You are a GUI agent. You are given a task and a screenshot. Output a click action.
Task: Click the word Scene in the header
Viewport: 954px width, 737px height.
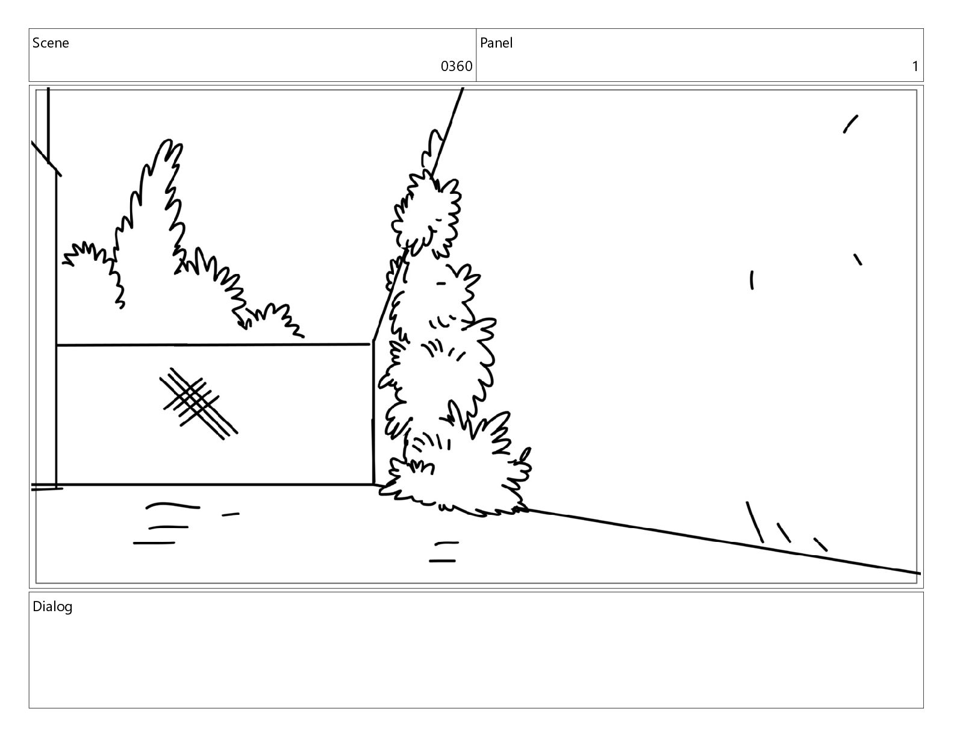[x=51, y=43]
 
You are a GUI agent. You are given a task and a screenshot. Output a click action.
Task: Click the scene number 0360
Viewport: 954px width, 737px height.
[x=456, y=66]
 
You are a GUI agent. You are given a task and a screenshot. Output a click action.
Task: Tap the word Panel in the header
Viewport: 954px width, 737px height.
[x=496, y=43]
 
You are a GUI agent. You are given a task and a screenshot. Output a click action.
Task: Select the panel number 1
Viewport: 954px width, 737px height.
[x=915, y=66]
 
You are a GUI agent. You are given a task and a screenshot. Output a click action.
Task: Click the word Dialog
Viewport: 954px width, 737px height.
[x=52, y=607]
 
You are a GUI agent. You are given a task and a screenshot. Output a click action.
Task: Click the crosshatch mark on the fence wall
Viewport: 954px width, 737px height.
[x=199, y=403]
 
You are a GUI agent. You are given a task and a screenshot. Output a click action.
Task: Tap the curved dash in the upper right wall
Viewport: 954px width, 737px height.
[x=850, y=124]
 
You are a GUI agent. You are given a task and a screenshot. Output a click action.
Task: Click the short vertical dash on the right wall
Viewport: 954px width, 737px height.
[x=752, y=280]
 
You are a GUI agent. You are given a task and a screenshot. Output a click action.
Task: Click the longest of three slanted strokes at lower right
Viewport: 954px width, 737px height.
[x=755, y=523]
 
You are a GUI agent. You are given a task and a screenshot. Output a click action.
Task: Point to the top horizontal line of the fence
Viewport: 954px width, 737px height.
[x=213, y=345]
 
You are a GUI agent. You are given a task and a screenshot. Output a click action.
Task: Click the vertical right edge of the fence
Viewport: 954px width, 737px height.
[x=373, y=412]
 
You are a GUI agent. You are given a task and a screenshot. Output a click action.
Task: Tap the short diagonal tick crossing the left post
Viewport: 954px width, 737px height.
[x=46, y=158]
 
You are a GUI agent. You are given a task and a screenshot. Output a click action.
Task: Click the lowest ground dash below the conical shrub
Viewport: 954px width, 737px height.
[x=442, y=561]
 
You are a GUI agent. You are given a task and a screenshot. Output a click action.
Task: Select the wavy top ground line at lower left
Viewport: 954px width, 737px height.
[x=172, y=505]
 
